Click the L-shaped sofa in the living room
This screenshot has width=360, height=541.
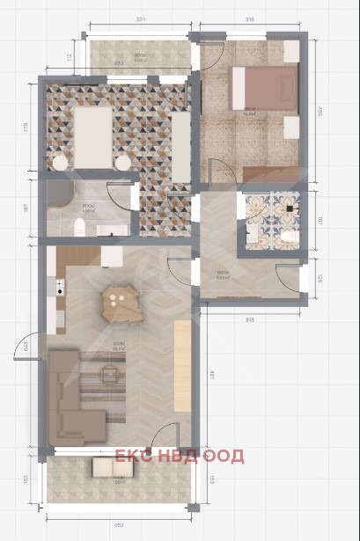(x=68, y=393)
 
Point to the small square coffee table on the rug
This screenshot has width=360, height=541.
(x=108, y=377)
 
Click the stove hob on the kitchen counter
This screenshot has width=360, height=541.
(x=60, y=286)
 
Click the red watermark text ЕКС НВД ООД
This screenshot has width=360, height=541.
(x=180, y=456)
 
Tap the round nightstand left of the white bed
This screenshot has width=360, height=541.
(x=60, y=163)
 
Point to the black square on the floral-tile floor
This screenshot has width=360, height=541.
(x=288, y=208)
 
